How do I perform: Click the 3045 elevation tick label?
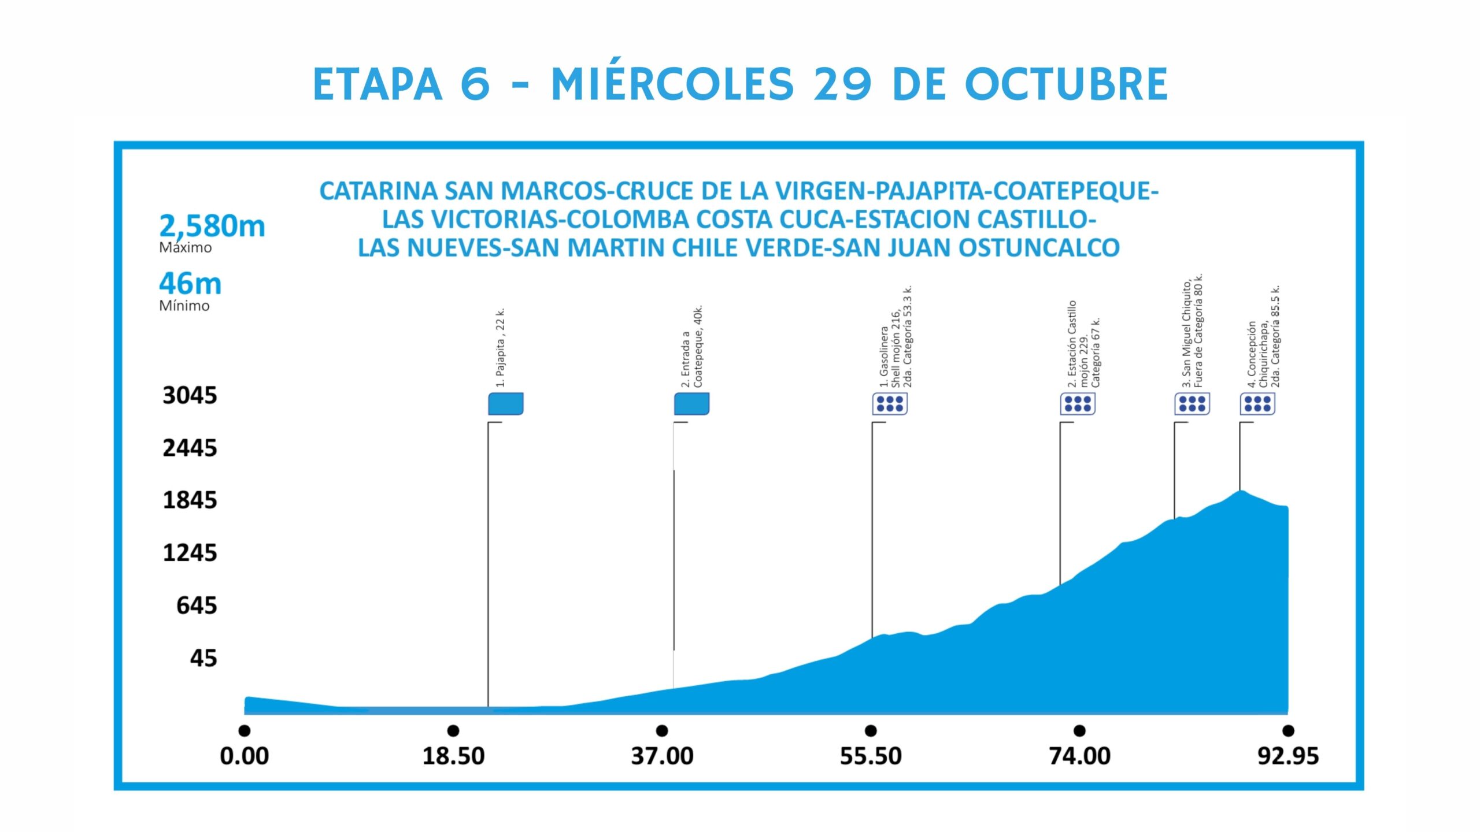click(x=190, y=396)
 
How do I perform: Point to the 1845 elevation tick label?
click(x=190, y=500)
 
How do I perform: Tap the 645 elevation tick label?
click(x=197, y=606)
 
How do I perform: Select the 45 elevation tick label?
click(x=203, y=658)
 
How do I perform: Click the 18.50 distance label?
click(x=453, y=756)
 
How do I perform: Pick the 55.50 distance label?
click(x=871, y=756)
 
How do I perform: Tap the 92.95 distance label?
click(x=1288, y=756)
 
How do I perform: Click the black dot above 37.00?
click(x=662, y=731)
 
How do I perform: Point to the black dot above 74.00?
click(x=1079, y=731)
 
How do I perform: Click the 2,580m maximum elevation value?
click(x=212, y=226)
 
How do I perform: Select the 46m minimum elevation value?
click(x=190, y=284)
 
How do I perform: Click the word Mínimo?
click(x=184, y=306)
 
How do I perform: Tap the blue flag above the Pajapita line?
click(x=506, y=404)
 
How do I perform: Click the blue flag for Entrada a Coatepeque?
click(x=691, y=404)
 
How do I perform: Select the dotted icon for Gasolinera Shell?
click(x=890, y=404)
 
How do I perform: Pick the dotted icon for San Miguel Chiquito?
click(x=1192, y=404)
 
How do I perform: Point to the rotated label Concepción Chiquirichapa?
click(x=1263, y=338)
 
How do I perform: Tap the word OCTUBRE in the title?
click(x=1067, y=84)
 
